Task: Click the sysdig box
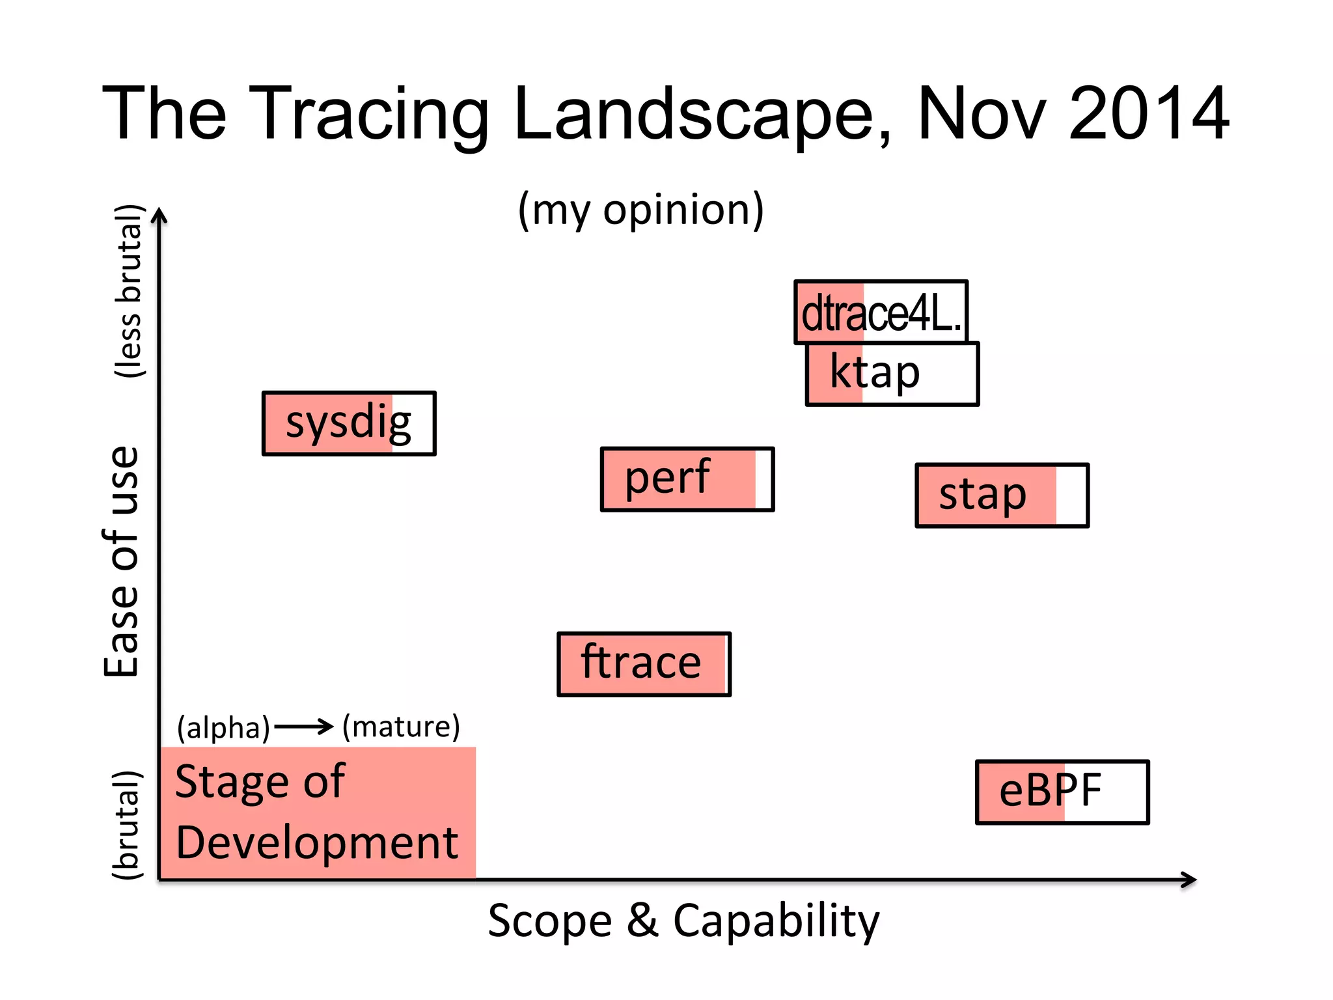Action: pyautogui.click(x=349, y=423)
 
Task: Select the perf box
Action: pyautogui.click(x=687, y=479)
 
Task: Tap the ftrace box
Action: pyautogui.click(x=644, y=664)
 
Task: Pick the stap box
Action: pyautogui.click(x=1002, y=495)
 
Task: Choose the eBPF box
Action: pyautogui.click(x=1062, y=792)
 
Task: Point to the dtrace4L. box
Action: pyautogui.click(x=881, y=312)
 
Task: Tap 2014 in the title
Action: pyautogui.click(x=1148, y=114)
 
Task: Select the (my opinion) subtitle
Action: pyautogui.click(x=640, y=210)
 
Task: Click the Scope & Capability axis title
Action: pyautogui.click(x=683, y=921)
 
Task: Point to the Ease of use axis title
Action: pyautogui.click(x=122, y=561)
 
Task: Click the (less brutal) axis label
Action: pyautogui.click(x=128, y=290)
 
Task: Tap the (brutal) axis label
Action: pyautogui.click(x=126, y=824)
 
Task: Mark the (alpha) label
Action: pyautogui.click(x=223, y=727)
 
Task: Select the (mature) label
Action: pyautogui.click(x=401, y=726)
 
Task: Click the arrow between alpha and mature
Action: pyautogui.click(x=303, y=726)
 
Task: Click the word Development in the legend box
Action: pyautogui.click(x=317, y=842)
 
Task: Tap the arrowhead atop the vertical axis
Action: pyautogui.click(x=159, y=215)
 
